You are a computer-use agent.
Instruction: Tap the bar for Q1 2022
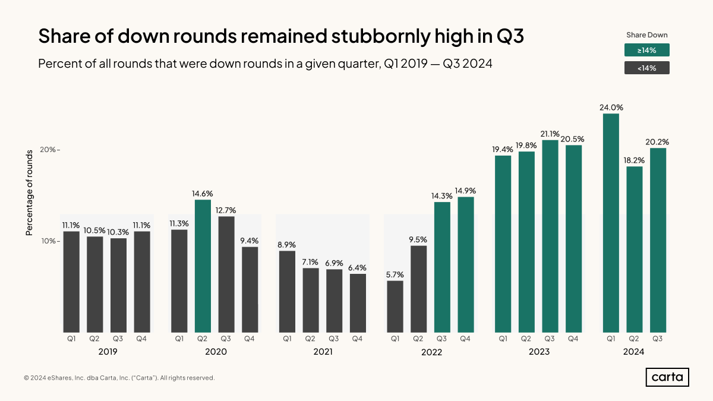click(395, 307)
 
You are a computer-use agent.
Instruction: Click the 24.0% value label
click(611, 108)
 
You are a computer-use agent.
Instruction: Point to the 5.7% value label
click(395, 274)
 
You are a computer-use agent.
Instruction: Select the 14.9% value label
click(466, 191)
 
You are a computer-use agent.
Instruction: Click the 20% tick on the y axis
click(49, 150)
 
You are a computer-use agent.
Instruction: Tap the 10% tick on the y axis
click(49, 241)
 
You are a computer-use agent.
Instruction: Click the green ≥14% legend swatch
click(646, 50)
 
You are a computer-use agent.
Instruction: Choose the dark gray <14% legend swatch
click(646, 68)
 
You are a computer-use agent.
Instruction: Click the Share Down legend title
click(646, 35)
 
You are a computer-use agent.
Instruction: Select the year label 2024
click(633, 352)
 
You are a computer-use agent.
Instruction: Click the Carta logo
click(667, 377)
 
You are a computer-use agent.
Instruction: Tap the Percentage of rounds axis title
click(29, 192)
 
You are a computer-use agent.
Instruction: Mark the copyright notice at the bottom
click(119, 378)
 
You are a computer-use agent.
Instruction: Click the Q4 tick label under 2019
click(141, 339)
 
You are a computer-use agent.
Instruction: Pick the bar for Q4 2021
click(358, 303)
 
